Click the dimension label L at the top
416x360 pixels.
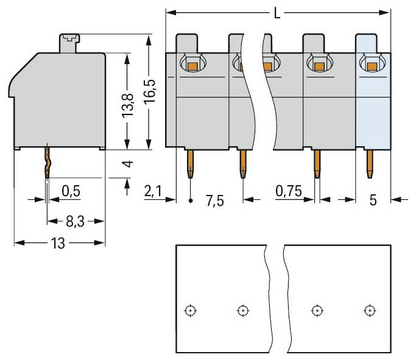[277, 13]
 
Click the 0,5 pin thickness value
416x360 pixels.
[71, 191]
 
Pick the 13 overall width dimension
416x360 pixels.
[58, 243]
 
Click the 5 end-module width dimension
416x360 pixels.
[373, 199]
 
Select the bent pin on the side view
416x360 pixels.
[46, 161]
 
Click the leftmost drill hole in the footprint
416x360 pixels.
[191, 311]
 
